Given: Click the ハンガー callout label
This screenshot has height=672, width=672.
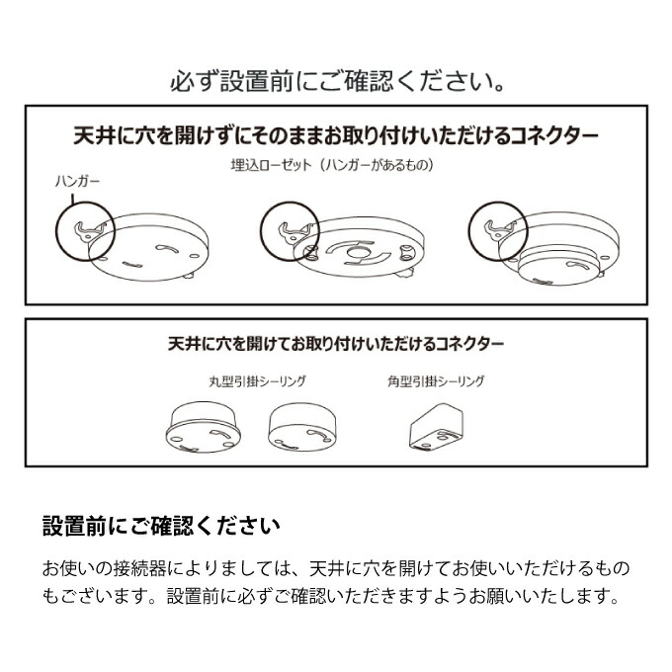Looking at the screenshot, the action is pyautogui.click(x=77, y=181).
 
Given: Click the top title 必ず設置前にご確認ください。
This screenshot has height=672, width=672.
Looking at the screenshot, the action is pyautogui.click(x=337, y=81).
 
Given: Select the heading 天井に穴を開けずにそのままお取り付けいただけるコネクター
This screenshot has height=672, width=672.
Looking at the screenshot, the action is pyautogui.click(x=336, y=135).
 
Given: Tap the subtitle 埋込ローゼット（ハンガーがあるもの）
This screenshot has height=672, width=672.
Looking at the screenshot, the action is pyautogui.click(x=332, y=165).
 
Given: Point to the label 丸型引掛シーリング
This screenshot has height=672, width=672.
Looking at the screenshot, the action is pyautogui.click(x=258, y=381).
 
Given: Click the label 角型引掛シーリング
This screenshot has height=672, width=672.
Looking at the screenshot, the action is pyautogui.click(x=436, y=381).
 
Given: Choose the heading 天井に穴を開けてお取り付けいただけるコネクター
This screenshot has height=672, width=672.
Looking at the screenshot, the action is pyautogui.click(x=336, y=344).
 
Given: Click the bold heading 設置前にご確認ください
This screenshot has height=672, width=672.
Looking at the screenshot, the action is pyautogui.click(x=161, y=526).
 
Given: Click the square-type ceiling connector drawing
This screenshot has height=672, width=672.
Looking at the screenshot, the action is pyautogui.click(x=436, y=427).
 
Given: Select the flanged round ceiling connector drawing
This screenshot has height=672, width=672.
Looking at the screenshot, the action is pyautogui.click(x=203, y=427).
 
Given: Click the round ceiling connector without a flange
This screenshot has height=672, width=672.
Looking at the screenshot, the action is pyautogui.click(x=301, y=427).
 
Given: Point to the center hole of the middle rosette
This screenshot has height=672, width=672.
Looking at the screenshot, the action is pyautogui.click(x=359, y=253).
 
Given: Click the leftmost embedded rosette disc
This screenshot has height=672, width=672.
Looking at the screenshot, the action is pyautogui.click(x=148, y=248).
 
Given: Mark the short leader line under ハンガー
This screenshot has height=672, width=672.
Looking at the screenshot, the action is pyautogui.click(x=72, y=198).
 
